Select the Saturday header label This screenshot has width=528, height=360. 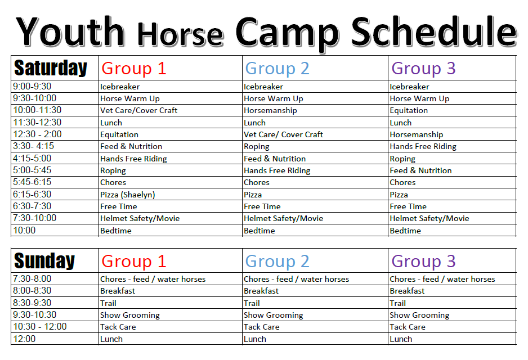click(51, 68)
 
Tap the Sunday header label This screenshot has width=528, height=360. click(44, 261)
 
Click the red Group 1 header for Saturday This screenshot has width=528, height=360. click(133, 69)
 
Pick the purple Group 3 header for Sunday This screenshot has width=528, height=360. click(423, 261)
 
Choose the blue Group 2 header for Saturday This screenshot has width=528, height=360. click(277, 69)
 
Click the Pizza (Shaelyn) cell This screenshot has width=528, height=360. click(127, 195)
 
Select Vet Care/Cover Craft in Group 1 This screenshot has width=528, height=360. click(138, 110)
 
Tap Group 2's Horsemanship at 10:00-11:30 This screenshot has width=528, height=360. click(270, 110)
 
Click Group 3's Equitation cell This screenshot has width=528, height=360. click(409, 110)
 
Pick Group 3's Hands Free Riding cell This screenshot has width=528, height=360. click(423, 146)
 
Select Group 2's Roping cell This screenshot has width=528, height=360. click(257, 146)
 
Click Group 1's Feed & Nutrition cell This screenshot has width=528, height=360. click(131, 146)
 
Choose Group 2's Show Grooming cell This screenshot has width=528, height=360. click(274, 315)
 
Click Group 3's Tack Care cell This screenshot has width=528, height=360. click(408, 327)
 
